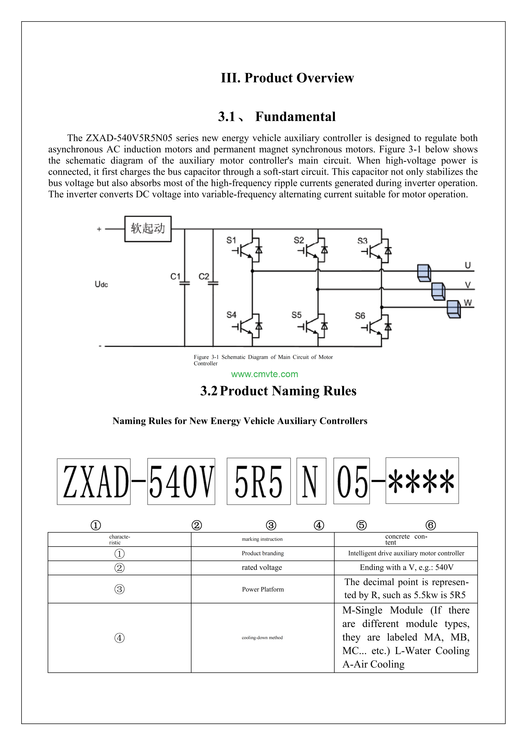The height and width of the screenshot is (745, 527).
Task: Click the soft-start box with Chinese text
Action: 148,229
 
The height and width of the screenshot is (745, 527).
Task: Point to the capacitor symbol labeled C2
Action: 213,283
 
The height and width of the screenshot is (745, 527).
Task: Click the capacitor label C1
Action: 175,276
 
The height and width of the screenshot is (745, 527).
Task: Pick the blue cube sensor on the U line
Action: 424,273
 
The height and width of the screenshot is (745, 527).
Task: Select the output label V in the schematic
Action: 468,285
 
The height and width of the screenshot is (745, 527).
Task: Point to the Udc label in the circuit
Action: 101,284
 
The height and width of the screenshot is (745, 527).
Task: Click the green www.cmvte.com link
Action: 264,374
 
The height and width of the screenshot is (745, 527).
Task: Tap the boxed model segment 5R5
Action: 259,481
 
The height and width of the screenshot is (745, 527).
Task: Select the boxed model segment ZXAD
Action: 94,482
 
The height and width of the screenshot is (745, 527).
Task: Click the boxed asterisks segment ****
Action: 422,480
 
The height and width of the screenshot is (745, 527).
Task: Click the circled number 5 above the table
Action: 361,525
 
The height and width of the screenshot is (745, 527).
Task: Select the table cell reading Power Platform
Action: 263,589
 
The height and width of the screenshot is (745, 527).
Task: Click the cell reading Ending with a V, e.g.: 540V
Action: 406,567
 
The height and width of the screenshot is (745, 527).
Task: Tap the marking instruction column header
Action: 262,539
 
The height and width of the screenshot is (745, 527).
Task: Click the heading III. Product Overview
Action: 287,78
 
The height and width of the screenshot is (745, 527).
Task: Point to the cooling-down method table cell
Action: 262,638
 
